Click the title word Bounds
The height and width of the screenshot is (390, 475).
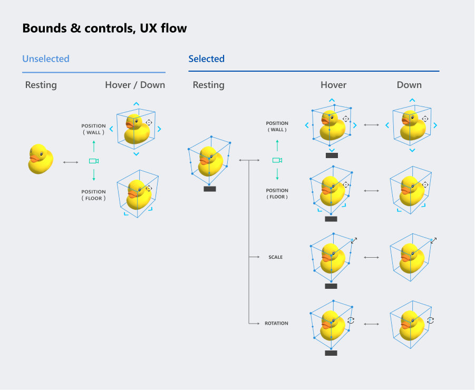(x=44, y=28)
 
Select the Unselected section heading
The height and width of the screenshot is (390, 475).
(x=46, y=58)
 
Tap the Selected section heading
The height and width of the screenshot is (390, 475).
(x=206, y=58)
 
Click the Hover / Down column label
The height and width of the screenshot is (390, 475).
(x=135, y=85)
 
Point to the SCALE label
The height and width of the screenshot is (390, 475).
(x=275, y=257)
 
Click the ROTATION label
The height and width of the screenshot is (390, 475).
(x=276, y=323)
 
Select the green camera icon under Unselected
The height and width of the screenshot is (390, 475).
(x=94, y=161)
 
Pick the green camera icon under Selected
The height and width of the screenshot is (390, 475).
(x=277, y=160)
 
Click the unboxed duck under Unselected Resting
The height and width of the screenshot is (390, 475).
(x=41, y=159)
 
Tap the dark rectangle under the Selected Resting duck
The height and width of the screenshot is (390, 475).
(x=210, y=189)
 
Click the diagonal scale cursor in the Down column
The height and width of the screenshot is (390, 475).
(x=434, y=240)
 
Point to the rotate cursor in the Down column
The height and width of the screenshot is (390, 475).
(x=431, y=320)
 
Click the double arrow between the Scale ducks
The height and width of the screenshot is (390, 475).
(x=371, y=257)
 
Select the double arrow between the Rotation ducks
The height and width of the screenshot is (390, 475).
(x=371, y=324)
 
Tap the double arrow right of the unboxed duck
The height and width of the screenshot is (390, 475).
(x=71, y=162)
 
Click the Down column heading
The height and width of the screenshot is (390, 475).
(x=409, y=85)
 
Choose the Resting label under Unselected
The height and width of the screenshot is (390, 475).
(x=41, y=85)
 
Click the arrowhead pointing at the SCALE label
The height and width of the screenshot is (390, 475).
(x=258, y=257)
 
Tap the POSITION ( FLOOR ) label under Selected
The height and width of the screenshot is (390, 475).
(x=277, y=193)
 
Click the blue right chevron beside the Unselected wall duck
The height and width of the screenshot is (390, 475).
(x=159, y=129)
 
